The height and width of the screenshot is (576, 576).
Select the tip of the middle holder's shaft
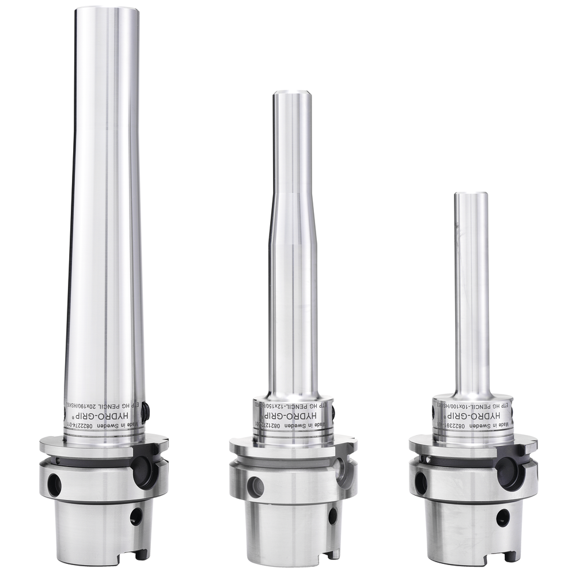coord(293,94)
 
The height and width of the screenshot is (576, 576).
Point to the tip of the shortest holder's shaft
coord(471,195)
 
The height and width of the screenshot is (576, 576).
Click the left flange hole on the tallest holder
coord(54,484)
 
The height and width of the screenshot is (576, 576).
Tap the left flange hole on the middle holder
coord(255,487)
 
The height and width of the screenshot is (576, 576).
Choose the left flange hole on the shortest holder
coord(421,483)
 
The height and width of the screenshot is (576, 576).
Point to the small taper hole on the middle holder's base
coord(332,516)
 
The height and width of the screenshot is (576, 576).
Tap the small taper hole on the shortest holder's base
coord(503,517)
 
